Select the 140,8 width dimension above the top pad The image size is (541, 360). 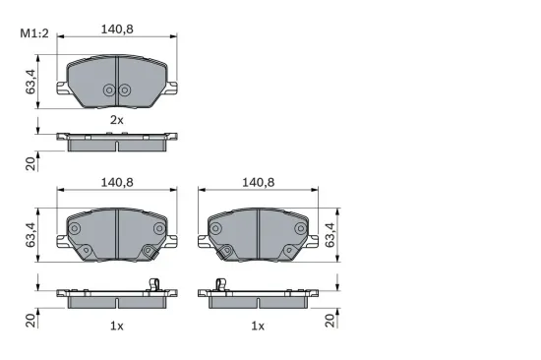(x=117, y=29)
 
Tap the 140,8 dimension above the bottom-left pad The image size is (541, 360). (x=117, y=182)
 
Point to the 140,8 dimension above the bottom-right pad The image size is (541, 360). (x=258, y=182)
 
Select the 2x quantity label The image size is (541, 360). (x=116, y=119)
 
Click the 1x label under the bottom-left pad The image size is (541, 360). (x=116, y=325)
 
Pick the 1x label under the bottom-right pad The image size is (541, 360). (x=258, y=325)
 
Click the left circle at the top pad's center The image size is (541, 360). (x=109, y=90)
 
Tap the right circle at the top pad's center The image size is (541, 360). (x=124, y=90)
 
